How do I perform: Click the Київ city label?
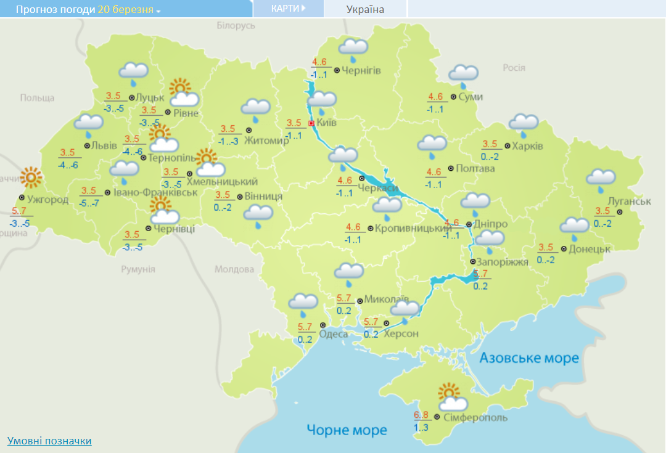327,123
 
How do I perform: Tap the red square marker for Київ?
311,123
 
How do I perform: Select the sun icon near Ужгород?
30,178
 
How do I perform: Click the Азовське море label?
529,358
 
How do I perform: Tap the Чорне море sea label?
347,430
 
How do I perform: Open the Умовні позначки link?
49,441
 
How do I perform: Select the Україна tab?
365,9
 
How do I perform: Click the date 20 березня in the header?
126,10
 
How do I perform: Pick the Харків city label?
528,146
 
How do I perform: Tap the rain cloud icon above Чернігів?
353,49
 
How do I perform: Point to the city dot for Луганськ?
620,212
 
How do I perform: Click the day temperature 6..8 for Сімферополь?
421,415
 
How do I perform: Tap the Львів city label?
104,146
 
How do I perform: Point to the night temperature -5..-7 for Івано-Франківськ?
89,203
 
